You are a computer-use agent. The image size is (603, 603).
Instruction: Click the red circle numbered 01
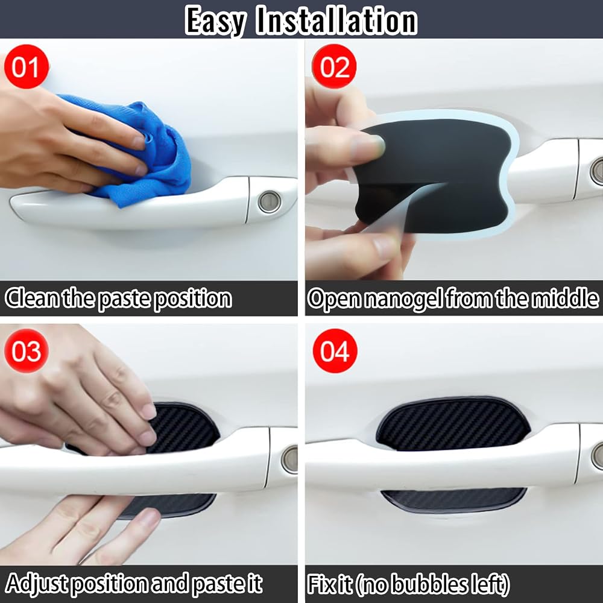pos(26,66)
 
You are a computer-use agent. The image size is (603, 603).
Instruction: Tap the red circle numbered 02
pos(334,66)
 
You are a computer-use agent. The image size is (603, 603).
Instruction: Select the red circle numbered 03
pos(26,351)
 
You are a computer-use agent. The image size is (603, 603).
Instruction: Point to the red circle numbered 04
pos(335,351)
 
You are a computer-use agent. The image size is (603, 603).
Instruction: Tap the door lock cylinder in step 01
pos(270,201)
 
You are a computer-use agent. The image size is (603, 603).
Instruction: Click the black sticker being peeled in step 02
pos(435,175)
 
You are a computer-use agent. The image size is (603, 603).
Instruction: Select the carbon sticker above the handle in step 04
pos(454,424)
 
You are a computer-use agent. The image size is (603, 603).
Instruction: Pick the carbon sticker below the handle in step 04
pos(454,500)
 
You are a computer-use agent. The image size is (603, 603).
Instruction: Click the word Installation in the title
pos(336,21)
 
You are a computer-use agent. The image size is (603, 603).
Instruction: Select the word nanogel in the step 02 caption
pos(403,299)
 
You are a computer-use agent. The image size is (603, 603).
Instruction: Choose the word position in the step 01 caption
pos(193,299)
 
